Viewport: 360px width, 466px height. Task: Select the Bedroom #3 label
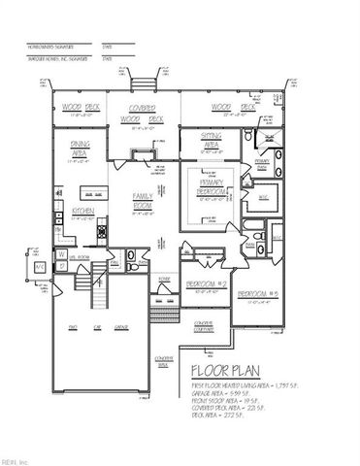pos(258,293)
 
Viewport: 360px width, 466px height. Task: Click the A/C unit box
pos(40,265)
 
